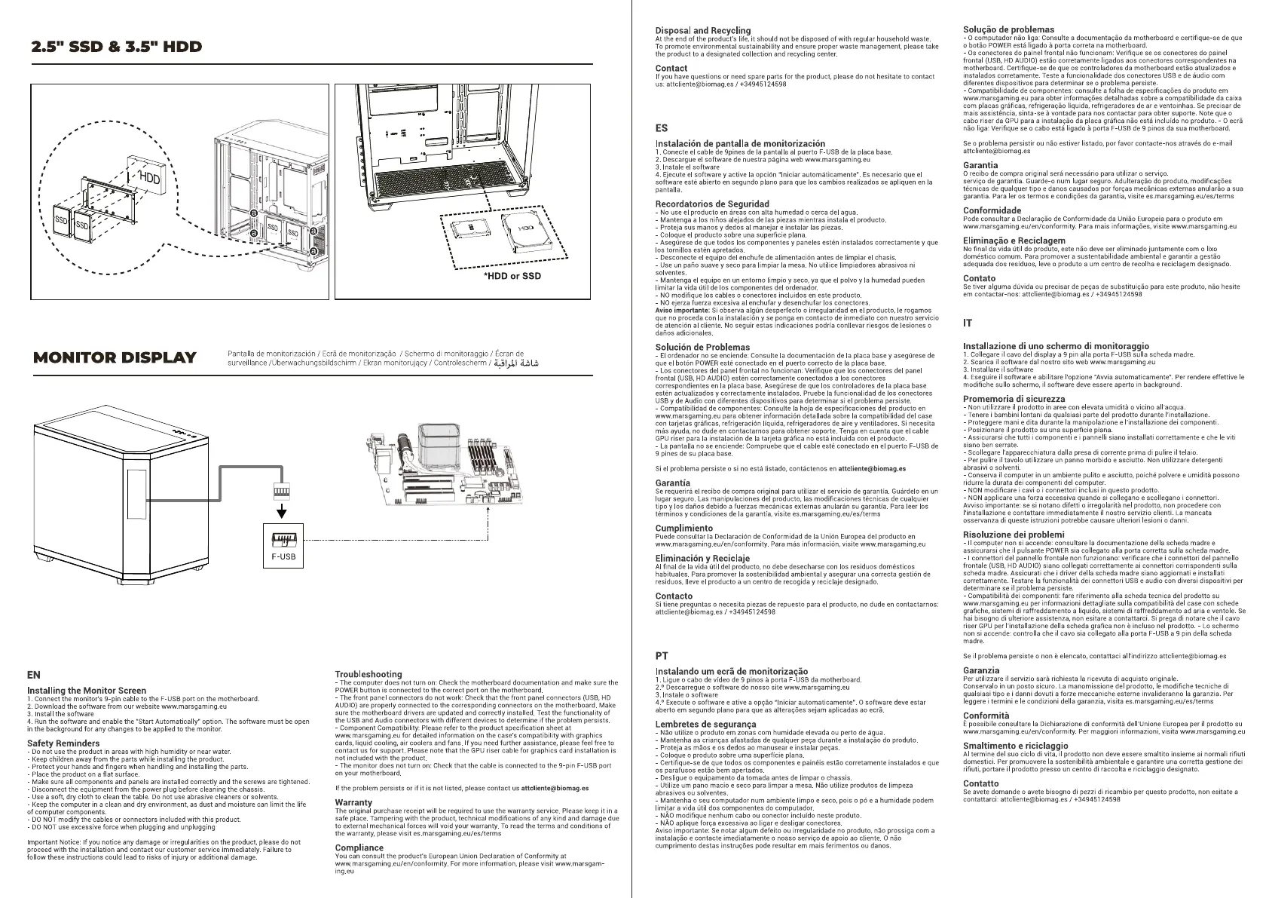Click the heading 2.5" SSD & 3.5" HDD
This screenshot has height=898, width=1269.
click(117, 47)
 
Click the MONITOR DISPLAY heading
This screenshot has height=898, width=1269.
click(115, 357)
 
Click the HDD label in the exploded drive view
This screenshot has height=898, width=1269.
click(150, 179)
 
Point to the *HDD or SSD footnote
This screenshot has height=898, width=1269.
click(512, 276)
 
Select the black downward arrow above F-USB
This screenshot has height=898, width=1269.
click(282, 512)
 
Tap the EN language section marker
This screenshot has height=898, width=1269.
click(34, 675)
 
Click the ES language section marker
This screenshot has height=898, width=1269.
click(662, 128)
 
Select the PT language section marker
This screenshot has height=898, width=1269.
click(662, 656)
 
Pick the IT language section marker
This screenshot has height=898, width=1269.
click(968, 323)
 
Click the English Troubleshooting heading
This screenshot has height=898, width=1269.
click(368, 674)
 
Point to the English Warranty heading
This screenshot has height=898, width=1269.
click(353, 802)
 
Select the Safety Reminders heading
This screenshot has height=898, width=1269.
click(63, 743)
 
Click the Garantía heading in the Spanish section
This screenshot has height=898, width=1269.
click(673, 483)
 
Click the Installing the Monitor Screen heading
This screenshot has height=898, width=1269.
click(87, 690)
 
